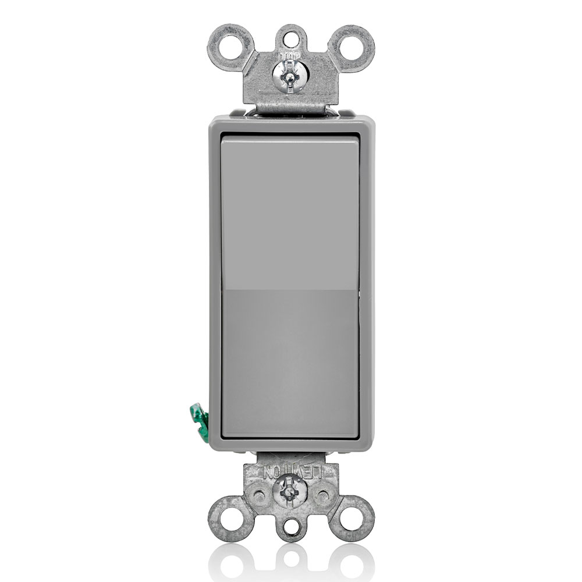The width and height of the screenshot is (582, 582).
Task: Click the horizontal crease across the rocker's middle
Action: pos(290,291)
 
